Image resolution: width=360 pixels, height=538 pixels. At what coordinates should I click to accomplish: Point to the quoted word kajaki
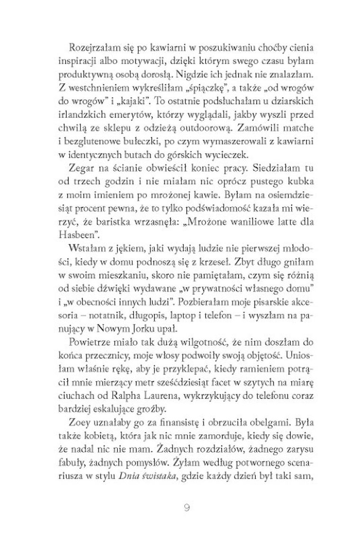(x=138, y=101)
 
